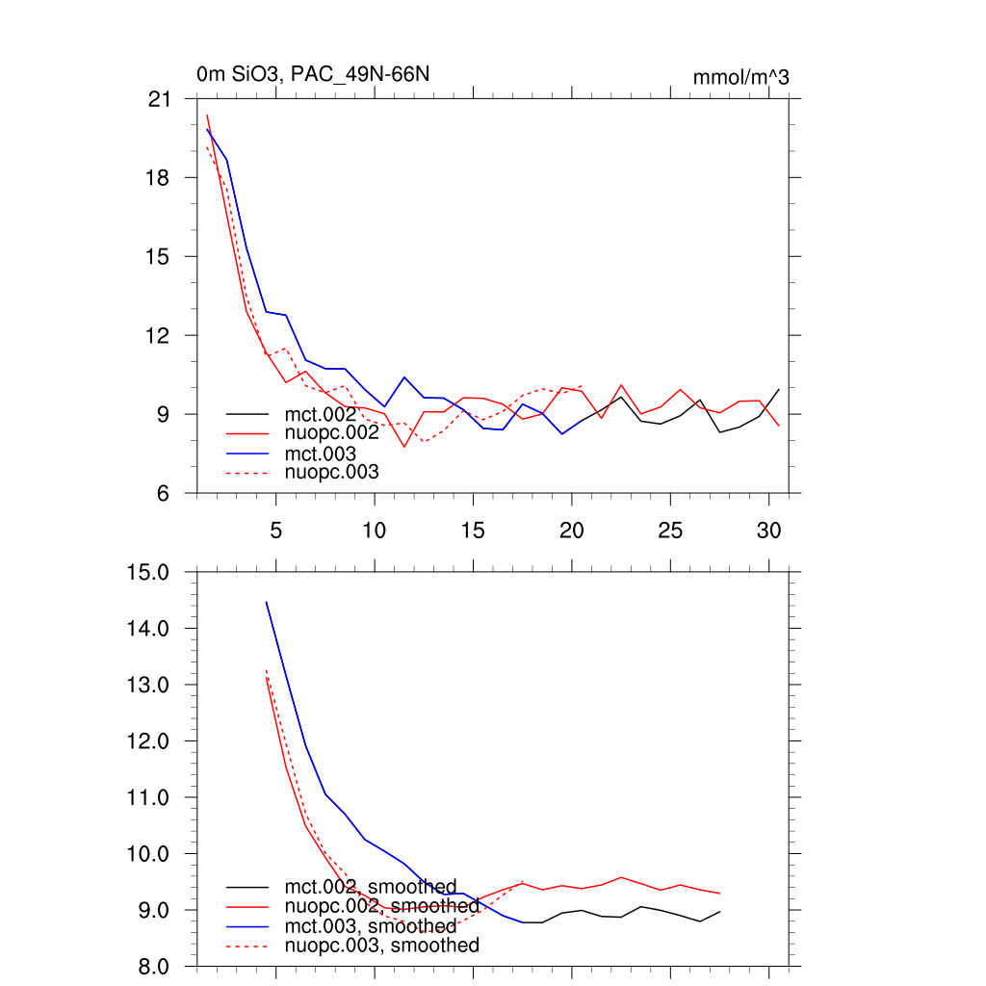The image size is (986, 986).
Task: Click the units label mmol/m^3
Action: (x=740, y=78)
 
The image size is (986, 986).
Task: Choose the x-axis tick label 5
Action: (x=276, y=531)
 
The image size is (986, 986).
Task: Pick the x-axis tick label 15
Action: (x=472, y=531)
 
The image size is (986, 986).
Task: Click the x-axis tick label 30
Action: (x=768, y=531)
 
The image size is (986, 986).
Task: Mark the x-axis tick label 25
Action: (x=669, y=531)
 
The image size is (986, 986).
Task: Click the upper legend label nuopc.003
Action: (x=332, y=472)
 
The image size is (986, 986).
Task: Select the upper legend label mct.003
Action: (x=321, y=453)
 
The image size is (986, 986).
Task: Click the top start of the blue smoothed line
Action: (x=267, y=602)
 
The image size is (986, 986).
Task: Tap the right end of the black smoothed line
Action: (x=720, y=911)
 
